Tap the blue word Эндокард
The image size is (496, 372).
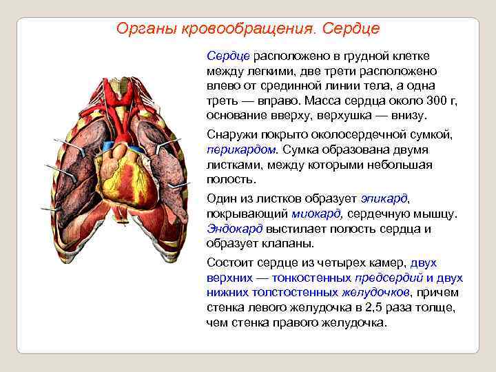click(x=234, y=229)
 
